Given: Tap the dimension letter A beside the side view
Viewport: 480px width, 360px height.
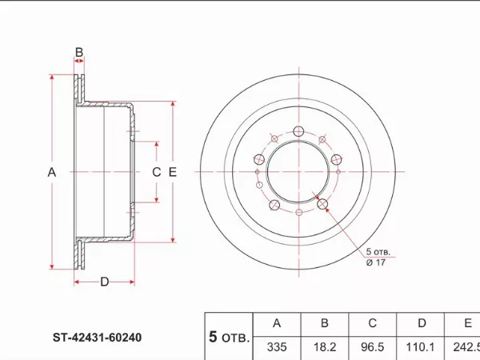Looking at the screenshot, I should coord(52,172).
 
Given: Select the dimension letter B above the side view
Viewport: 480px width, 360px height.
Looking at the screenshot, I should coord(79,54).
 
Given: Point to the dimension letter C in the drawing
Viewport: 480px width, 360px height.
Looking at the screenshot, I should coord(157,172).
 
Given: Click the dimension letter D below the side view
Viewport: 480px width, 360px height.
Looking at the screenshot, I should coord(105,281).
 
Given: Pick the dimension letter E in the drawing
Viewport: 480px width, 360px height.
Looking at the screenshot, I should coord(173,172).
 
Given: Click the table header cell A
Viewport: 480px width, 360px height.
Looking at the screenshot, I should coord(277,324).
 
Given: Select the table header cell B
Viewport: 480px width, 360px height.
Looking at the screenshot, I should coord(325,324).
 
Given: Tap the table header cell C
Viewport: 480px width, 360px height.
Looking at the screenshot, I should coord(372,324).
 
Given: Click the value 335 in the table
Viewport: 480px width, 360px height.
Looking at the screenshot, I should coord(277,347).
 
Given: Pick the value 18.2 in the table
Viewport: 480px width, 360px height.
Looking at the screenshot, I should coord(325,347).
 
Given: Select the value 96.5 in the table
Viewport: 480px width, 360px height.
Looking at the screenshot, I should coord(372,347).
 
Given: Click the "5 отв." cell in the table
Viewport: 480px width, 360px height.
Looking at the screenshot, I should coord(229,337).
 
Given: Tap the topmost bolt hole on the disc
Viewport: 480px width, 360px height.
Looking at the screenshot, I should coord(298,132).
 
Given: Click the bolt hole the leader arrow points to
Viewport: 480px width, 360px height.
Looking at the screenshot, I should coord(324,205).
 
